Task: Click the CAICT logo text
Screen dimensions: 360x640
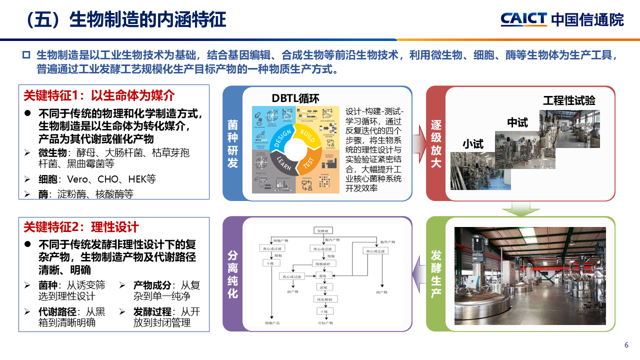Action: pos(523,19)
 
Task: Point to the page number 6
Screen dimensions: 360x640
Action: pos(626,345)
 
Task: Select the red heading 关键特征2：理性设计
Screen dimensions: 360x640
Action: pos(81,227)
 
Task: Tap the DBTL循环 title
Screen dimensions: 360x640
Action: pos(295,98)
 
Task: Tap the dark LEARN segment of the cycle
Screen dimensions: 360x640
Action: pos(283,163)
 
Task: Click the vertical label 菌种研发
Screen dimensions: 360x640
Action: pos(232,143)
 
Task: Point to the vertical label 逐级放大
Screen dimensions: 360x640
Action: pos(436,143)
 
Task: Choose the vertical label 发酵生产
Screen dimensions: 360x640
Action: pos(436,274)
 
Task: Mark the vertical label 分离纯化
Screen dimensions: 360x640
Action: pos(232,274)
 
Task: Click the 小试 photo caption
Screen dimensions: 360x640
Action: pos(472,144)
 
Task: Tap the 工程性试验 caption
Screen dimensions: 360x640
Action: pos(569,100)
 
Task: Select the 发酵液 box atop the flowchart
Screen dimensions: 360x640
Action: pos(321,231)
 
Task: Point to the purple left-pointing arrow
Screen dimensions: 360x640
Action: pos(419,274)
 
